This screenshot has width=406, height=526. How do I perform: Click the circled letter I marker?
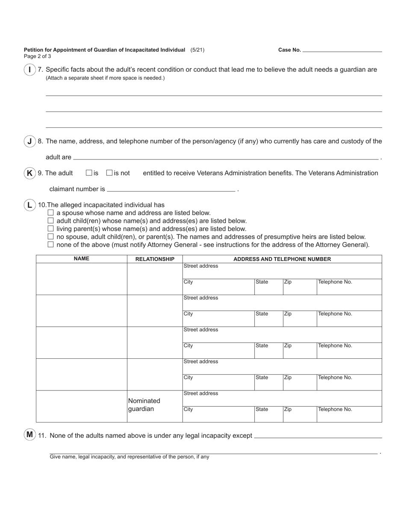tap(29, 70)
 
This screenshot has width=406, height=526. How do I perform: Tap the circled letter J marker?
tap(29, 142)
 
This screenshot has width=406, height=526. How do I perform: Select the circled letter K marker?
tap(29, 173)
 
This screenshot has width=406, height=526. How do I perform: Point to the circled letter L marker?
tap(29, 205)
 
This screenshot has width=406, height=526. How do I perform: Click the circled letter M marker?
tap(29, 435)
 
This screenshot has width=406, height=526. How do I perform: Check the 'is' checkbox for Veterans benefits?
tap(89, 173)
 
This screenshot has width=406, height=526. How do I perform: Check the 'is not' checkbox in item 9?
tap(109, 173)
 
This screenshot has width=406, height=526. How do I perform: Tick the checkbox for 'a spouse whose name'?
tap(51, 213)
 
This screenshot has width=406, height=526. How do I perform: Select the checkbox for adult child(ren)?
tap(51, 221)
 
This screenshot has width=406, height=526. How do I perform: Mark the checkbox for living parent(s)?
tap(51, 229)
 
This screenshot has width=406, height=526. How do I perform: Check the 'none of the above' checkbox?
tap(51, 245)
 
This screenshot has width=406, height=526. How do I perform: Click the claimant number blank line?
tap(171, 189)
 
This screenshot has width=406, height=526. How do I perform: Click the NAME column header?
tap(81, 259)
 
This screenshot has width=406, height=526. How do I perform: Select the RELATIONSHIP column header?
tap(155, 259)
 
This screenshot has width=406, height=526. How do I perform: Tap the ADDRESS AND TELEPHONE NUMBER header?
tap(282, 259)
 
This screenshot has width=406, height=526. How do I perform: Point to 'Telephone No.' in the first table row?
tap(335, 282)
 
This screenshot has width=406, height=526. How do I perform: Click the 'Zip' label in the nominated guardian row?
tap(288, 410)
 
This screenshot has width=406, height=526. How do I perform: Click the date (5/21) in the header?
tap(197, 50)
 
